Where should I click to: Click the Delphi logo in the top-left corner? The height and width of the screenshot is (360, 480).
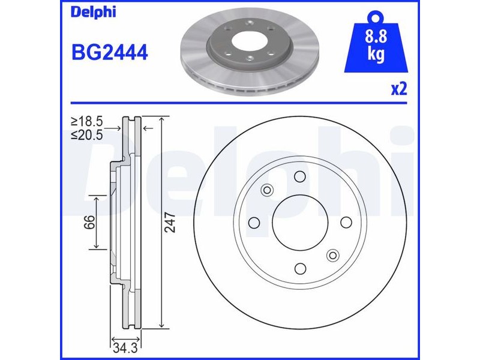coord(94,12)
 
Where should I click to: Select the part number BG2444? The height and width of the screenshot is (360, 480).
coord(110,52)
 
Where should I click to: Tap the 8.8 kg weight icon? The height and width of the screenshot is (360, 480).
coord(376,42)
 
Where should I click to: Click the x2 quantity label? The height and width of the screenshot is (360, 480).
coord(399,89)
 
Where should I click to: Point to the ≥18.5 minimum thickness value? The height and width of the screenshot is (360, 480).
coord(86,122)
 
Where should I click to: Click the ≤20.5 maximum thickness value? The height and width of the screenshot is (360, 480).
coord(86,134)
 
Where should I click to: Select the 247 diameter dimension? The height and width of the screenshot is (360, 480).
coord(170,223)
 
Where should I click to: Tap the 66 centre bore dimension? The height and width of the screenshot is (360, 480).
coord(89,222)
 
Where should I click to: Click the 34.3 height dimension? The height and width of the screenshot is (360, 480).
coord(125,348)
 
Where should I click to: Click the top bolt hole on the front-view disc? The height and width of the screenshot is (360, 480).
coord(299,176)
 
